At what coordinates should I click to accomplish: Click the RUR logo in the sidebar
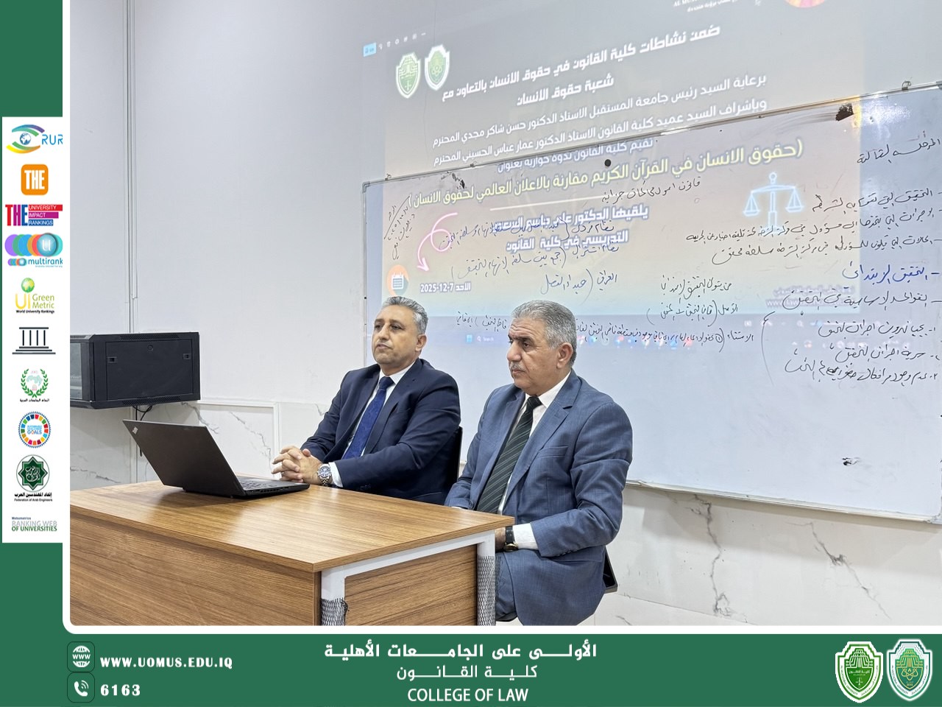[34, 138]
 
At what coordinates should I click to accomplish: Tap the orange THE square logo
[34, 179]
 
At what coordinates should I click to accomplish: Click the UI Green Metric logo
[34, 295]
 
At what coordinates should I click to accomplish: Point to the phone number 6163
[120, 690]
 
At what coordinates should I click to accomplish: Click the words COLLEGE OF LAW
[467, 694]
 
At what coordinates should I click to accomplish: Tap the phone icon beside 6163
[81, 689]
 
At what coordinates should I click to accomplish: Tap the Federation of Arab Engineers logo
[34, 477]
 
